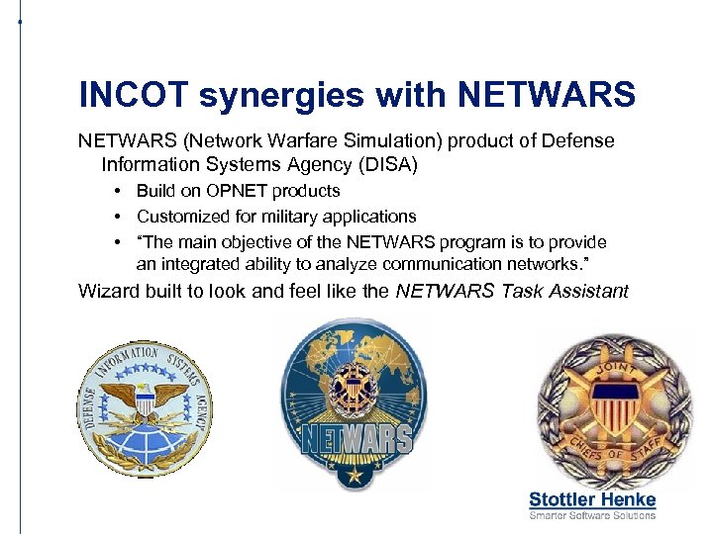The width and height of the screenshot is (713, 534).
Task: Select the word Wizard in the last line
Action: [x=110, y=291]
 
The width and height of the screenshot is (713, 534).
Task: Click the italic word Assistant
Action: [x=580, y=291]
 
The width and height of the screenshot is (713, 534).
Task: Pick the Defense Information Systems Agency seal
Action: [x=147, y=408]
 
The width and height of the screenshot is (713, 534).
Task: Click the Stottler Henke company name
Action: [x=592, y=499]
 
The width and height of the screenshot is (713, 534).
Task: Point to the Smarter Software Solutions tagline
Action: [x=592, y=515]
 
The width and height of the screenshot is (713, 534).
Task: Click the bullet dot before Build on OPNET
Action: [x=118, y=191]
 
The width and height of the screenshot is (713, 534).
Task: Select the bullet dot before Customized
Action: [x=118, y=217]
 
